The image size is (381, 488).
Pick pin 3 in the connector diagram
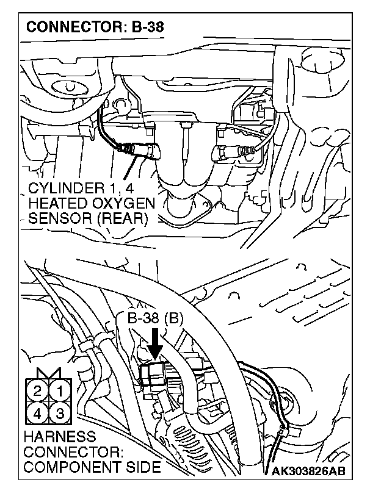(x=60, y=412)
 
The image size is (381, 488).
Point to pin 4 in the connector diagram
(x=38, y=412)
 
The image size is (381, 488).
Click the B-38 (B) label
(x=156, y=318)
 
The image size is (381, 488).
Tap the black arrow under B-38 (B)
(x=155, y=345)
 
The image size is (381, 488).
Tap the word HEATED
(x=56, y=203)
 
